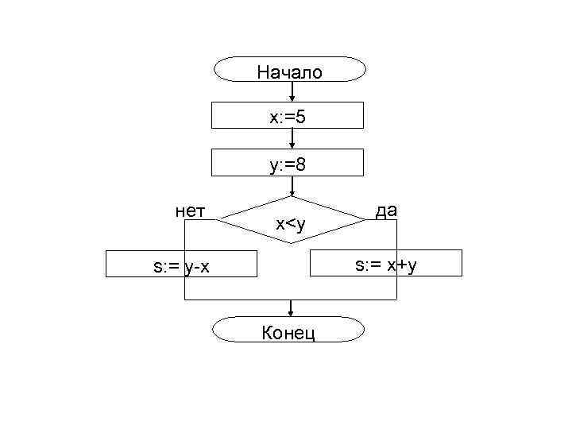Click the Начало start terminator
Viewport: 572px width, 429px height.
click(x=290, y=71)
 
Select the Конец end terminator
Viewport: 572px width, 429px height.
click(x=290, y=330)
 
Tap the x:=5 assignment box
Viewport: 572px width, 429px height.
click(x=288, y=116)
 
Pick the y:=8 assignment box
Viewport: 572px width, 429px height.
click(x=288, y=164)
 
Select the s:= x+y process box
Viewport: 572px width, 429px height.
click(x=385, y=262)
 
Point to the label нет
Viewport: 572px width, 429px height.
click(x=191, y=210)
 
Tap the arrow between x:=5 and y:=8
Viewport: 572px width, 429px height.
click(x=293, y=140)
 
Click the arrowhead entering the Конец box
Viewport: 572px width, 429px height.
click(x=292, y=312)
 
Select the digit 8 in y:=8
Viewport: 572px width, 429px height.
click(x=302, y=165)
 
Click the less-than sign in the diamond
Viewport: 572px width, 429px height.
click(x=290, y=224)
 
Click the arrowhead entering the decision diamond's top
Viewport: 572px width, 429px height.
click(x=293, y=192)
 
